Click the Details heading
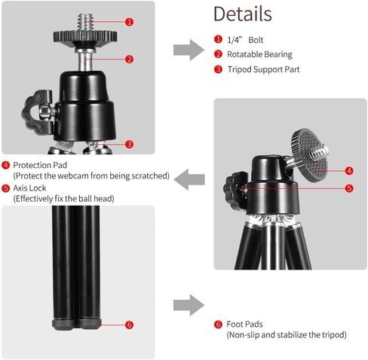(243, 14)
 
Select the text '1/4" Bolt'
(245, 40)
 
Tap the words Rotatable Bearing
(259, 54)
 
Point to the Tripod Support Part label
(263, 69)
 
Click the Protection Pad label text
(40, 165)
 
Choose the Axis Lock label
(29, 188)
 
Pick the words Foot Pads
(244, 324)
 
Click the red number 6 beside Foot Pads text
(218, 325)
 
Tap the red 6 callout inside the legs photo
(129, 325)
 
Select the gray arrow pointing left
(189, 179)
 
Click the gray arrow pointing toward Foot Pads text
(189, 305)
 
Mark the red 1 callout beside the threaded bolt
(129, 22)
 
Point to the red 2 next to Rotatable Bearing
(218, 54)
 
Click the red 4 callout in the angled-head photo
(349, 171)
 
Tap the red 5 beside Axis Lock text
(5, 188)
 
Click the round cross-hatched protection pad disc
(309, 155)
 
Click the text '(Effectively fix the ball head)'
(63, 199)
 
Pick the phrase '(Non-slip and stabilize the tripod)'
(287, 335)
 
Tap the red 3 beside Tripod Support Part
(218, 69)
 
